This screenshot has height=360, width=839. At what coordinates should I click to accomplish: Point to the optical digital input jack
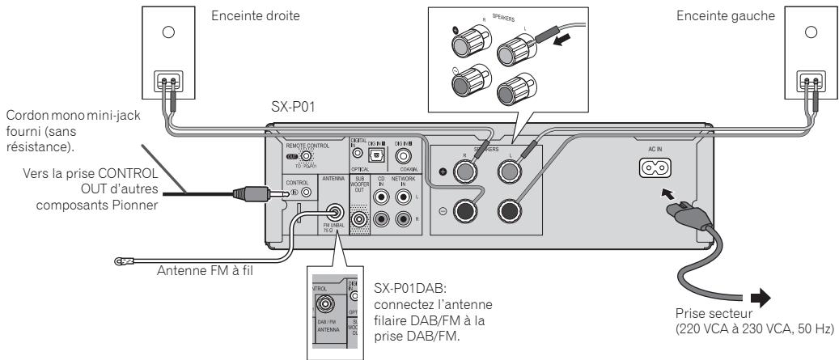coord(379,155)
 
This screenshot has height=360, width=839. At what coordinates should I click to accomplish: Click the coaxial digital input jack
coord(404,155)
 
